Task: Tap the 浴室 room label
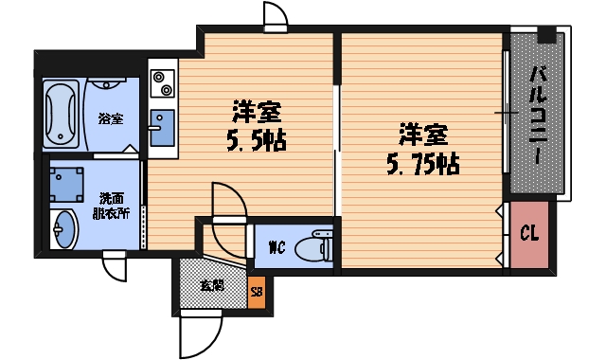[111, 118]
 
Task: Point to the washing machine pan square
[65, 180]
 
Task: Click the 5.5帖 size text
[256, 141]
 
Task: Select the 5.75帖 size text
[421, 163]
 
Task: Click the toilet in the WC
[312, 249]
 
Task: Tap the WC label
[276, 249]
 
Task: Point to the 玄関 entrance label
[211, 284]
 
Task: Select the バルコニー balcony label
[537, 114]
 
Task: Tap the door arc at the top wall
[276, 16]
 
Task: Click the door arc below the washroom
[114, 266]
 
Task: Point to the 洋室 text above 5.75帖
[422, 134]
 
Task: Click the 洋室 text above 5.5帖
[256, 112]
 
